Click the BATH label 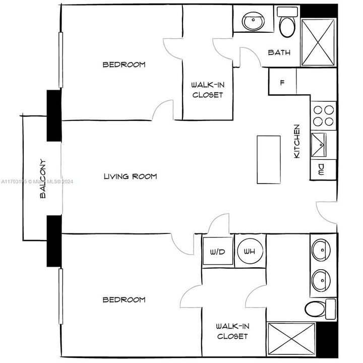[279, 52]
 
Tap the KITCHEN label [297, 142]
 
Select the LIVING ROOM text [130, 176]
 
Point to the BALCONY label [43, 179]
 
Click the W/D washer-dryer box [218, 251]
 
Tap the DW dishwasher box [322, 170]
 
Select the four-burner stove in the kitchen [323, 116]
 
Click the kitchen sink [319, 145]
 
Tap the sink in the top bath [251, 21]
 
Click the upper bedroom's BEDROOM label [124, 65]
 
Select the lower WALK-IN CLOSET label [232, 331]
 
